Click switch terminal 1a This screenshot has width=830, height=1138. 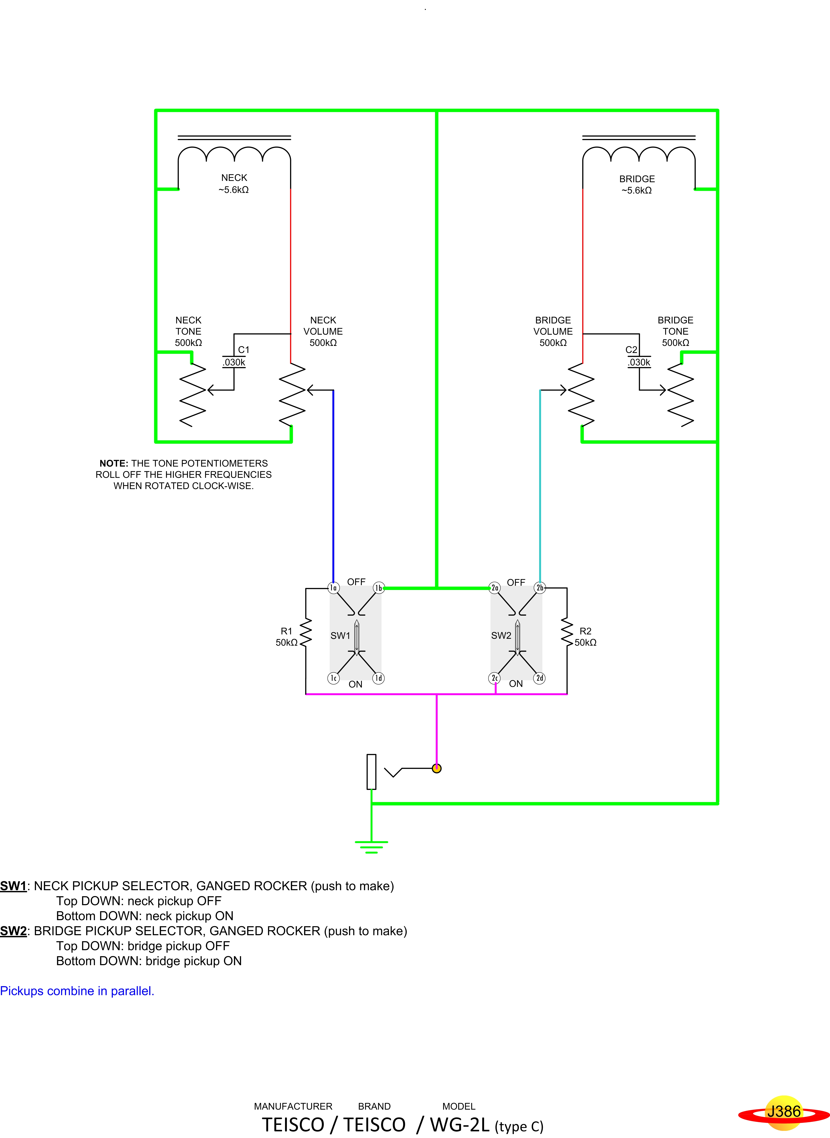(333, 588)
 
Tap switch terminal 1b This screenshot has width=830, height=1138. (379, 588)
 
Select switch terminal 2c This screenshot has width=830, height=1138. (494, 678)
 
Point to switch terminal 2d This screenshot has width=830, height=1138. (540, 678)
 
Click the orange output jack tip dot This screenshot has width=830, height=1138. (437, 768)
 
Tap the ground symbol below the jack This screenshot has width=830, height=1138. (371, 847)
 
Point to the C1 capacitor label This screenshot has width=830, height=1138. (244, 350)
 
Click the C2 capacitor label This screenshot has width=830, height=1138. (631, 350)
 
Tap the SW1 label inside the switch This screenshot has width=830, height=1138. (340, 635)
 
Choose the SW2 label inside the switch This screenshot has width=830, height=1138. (501, 635)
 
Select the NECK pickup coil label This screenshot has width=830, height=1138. (234, 178)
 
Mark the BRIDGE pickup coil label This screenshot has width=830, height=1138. (637, 179)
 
